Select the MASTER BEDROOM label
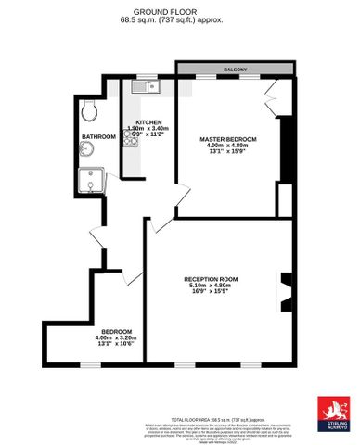point(227,138)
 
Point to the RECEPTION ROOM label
point(211,278)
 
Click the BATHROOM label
point(98,136)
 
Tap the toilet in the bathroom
point(89,111)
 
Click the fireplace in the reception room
point(287,289)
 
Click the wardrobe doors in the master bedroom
point(271,93)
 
